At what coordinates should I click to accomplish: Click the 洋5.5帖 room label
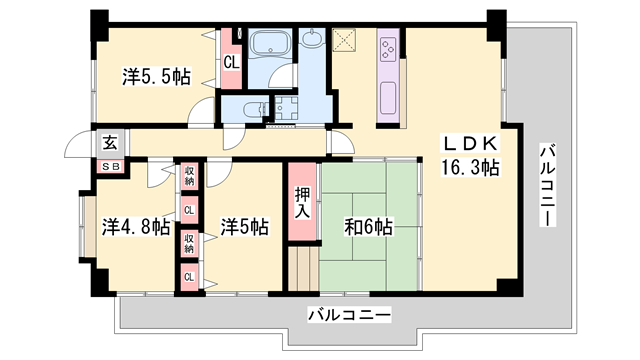coord(157,75)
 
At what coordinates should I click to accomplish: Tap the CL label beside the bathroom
coord(231,62)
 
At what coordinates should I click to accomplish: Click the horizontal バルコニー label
coord(349,315)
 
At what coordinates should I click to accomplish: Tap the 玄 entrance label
coord(108,142)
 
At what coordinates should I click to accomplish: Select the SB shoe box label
coord(109,167)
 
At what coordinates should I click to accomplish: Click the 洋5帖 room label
coord(244,227)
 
